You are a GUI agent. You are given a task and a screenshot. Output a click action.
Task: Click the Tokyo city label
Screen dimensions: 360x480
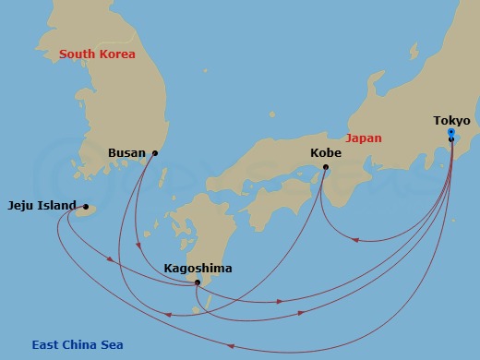tap(451, 121)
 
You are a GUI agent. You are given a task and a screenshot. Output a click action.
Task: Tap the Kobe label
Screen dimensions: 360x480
tap(324, 153)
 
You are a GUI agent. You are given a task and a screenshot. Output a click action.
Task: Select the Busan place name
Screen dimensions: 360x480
tap(126, 153)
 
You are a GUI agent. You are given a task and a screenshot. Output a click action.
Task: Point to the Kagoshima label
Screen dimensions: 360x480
tap(198, 269)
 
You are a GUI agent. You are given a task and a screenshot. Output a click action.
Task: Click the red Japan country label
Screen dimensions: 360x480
tap(363, 138)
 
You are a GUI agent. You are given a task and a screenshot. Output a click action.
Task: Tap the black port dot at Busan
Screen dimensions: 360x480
tap(154, 153)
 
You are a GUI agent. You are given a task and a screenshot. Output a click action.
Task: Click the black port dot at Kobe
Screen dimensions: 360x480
tap(326, 167)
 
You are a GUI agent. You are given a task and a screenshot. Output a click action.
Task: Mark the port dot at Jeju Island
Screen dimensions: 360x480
tap(86, 207)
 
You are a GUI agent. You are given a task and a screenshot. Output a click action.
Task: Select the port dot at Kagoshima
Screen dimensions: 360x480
tap(198, 282)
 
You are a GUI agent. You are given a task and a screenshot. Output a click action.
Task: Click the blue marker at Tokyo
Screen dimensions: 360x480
tap(450, 133)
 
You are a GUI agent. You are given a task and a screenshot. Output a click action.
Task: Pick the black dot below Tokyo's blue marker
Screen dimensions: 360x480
tap(450, 140)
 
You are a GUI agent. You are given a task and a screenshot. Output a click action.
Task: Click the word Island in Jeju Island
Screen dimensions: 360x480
tap(58, 207)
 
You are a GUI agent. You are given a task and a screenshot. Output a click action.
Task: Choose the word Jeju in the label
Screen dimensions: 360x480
tap(22, 207)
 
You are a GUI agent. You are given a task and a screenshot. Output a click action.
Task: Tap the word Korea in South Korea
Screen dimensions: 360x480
tap(116, 54)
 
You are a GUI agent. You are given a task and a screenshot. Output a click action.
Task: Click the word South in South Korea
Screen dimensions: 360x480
tap(78, 54)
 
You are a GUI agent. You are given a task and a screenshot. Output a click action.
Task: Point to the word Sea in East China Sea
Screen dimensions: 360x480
tap(112, 345)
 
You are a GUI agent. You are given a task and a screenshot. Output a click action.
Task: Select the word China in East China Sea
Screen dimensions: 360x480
tap(80, 345)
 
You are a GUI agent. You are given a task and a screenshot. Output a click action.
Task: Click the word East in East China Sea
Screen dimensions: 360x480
tap(46, 345)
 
